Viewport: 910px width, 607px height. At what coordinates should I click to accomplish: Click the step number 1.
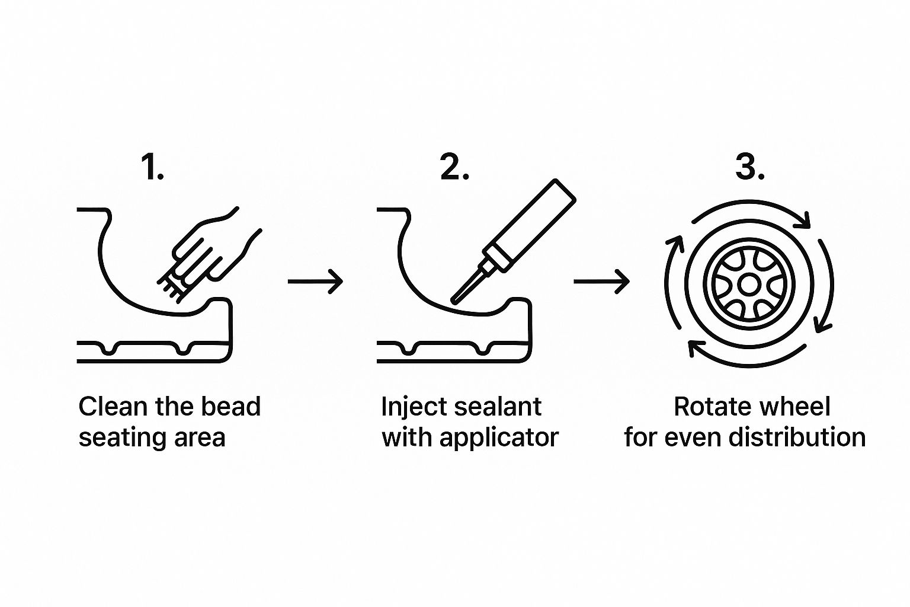click(x=152, y=167)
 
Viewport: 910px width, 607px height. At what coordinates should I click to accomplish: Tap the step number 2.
click(x=454, y=167)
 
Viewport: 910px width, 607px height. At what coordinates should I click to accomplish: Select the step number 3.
click(x=750, y=167)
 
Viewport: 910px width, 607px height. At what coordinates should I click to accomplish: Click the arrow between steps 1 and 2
click(x=315, y=281)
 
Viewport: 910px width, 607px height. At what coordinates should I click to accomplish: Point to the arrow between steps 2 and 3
click(x=602, y=281)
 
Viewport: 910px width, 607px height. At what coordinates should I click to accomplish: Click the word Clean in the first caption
click(x=113, y=407)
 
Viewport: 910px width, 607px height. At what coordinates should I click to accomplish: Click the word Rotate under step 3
click(x=712, y=407)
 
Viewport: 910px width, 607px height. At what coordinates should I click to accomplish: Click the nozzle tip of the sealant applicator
click(x=454, y=301)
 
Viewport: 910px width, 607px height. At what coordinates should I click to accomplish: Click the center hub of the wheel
click(x=749, y=284)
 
